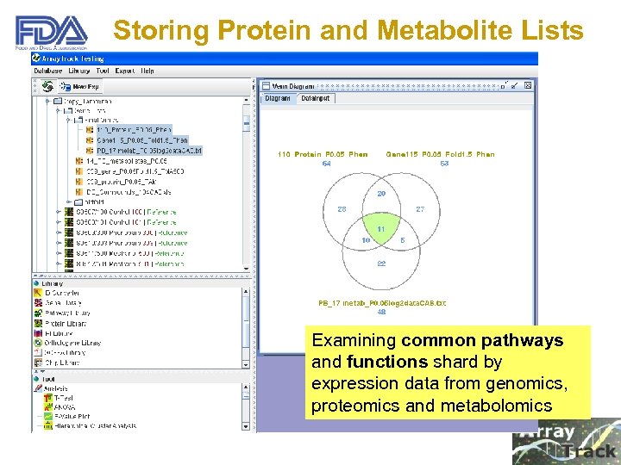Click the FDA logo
[52, 33]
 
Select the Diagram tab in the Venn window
[278, 98]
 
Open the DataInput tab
[316, 98]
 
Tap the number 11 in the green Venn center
[380, 230]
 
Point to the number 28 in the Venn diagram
[342, 209]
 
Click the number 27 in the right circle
[420, 209]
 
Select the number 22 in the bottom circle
[380, 263]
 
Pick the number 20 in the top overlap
[380, 194]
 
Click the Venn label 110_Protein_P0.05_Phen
[323, 154]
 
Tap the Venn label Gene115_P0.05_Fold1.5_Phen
[440, 154]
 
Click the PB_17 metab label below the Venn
[382, 303]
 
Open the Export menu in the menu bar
[124, 71]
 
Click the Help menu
[147, 71]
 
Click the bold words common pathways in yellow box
[482, 340]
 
